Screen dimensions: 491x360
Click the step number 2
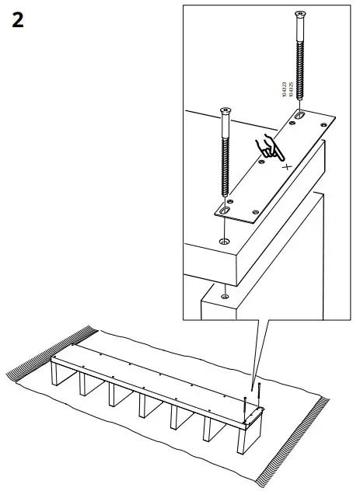(x=18, y=21)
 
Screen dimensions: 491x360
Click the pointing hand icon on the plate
(x=270, y=148)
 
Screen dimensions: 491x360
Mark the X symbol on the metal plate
(x=286, y=166)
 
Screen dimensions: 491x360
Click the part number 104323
(x=285, y=92)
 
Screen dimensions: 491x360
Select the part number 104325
(x=292, y=92)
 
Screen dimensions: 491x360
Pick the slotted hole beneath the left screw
(x=225, y=208)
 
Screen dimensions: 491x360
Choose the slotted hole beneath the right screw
(x=299, y=116)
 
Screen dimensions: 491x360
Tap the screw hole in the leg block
(x=224, y=293)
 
